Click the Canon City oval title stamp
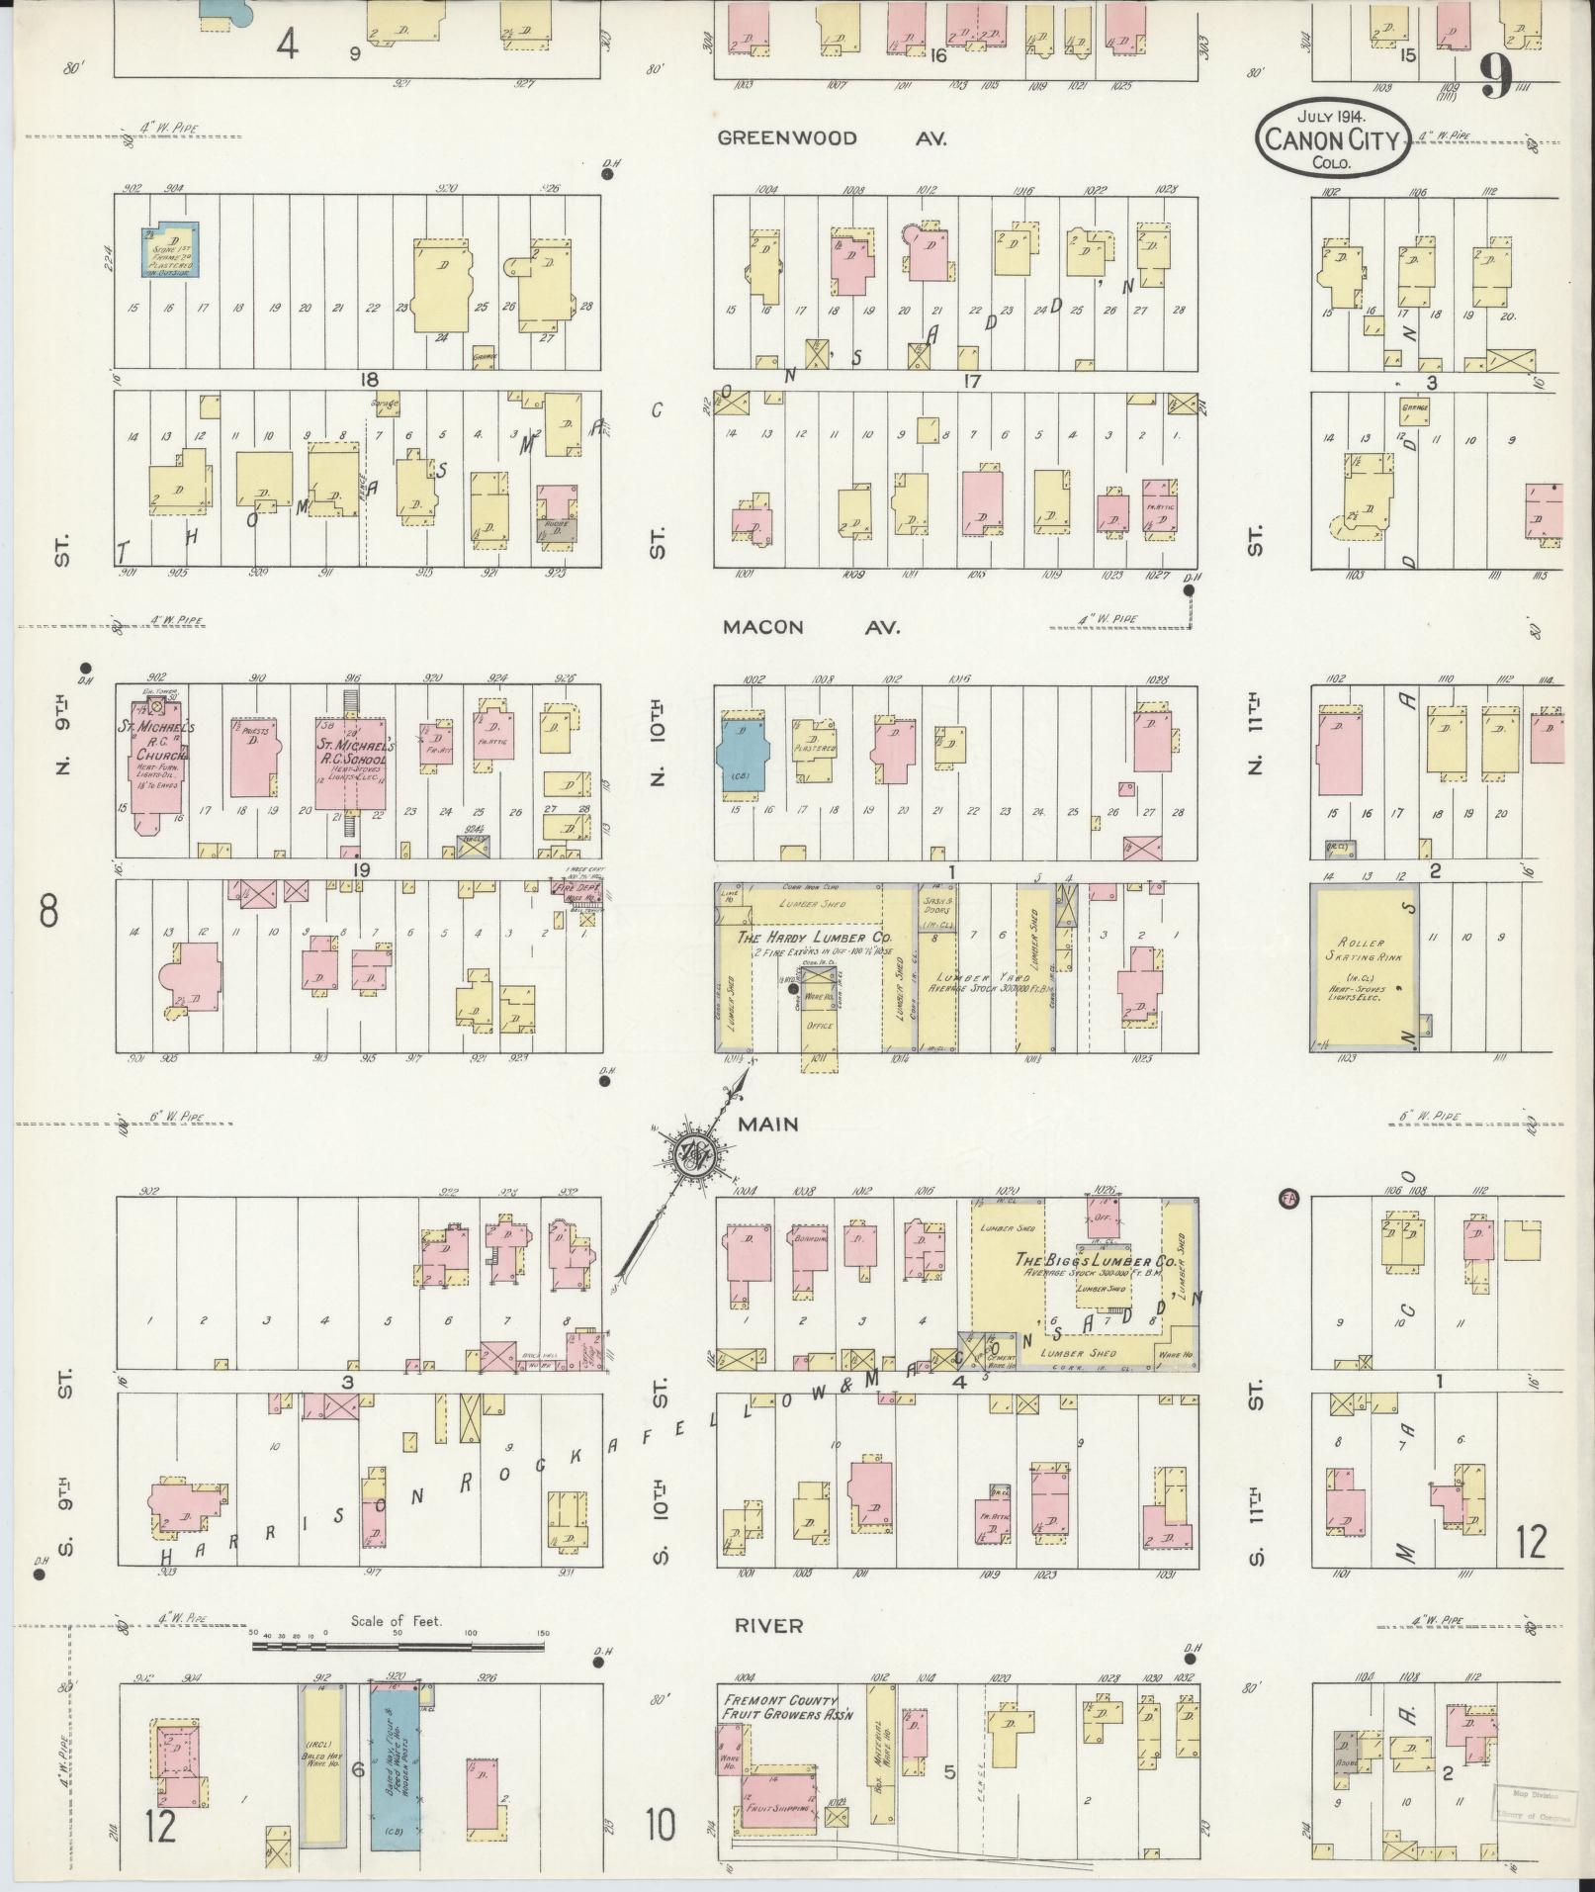click(1334, 138)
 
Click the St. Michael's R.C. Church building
click(154, 757)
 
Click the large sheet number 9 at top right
click(1494, 78)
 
